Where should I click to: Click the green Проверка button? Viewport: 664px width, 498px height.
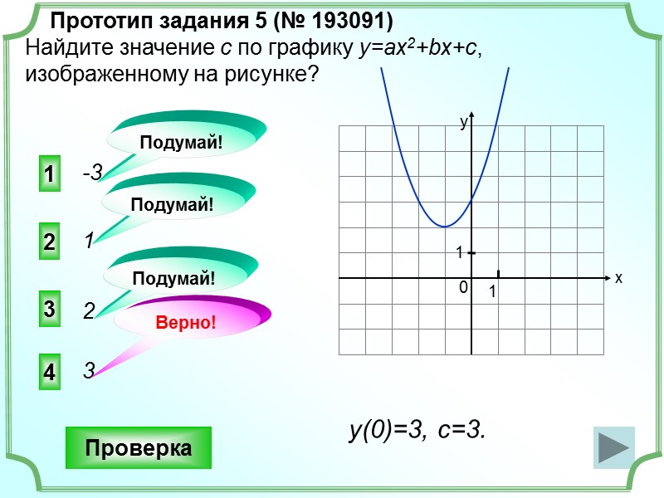coord(139,448)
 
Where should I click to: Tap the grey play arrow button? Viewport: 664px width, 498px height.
coord(614,449)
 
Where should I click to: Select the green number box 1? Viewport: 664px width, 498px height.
coord(49,175)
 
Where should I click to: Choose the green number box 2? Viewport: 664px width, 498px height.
coord(49,242)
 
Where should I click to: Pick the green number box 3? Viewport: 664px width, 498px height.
coord(49,310)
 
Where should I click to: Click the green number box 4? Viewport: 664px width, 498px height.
coord(49,373)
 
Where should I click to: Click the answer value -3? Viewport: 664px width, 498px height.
coord(91,173)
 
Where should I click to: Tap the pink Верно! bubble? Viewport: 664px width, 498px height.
coord(186,321)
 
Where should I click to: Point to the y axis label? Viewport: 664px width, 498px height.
coord(464,122)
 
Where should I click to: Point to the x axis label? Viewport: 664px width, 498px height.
coord(618,278)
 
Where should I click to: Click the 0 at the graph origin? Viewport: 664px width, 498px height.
coord(463,287)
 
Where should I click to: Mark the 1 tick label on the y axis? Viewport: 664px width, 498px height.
coord(458,252)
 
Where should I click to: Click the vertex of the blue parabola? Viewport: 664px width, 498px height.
coord(446,226)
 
